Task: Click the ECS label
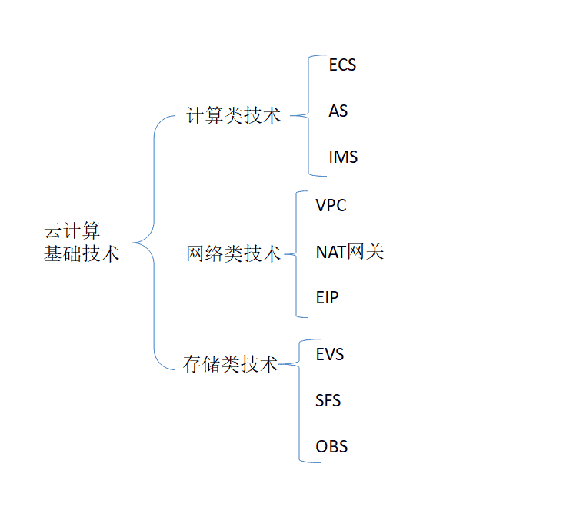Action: coord(342,65)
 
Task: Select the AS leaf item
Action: coord(338,111)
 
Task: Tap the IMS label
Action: coord(343,157)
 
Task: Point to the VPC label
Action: coord(331,205)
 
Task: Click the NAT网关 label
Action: coord(349,251)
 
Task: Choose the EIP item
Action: coord(327,297)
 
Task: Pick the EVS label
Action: coord(329,354)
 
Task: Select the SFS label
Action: coord(328,400)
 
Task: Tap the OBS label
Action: coord(331,446)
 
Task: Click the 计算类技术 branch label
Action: coord(233,116)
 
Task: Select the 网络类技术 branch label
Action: coord(233,253)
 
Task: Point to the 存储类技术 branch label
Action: coord(230,364)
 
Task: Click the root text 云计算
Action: coord(72,231)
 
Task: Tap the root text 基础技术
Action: coord(82,253)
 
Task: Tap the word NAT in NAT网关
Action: coord(331,251)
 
